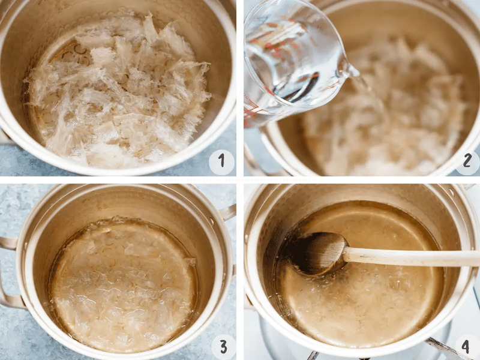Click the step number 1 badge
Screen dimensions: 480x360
pyautogui.click(x=221, y=162)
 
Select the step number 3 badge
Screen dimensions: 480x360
pyautogui.click(x=223, y=347)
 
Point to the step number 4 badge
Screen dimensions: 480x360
pyautogui.click(x=466, y=347)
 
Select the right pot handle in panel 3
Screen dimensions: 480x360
pyautogui.click(x=227, y=212)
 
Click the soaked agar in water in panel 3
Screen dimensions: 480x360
pyautogui.click(x=122, y=284)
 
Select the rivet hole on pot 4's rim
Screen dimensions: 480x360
pyautogui.click(x=451, y=192)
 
